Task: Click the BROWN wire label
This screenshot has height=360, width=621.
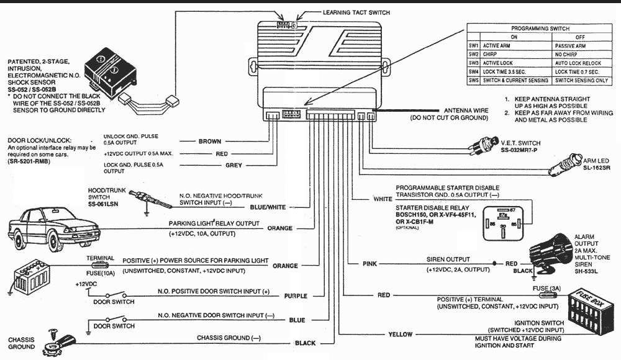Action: pyautogui.click(x=209, y=142)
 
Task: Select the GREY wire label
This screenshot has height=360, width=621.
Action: pyautogui.click(x=233, y=166)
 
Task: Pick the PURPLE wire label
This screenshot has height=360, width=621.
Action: pyautogui.click(x=296, y=296)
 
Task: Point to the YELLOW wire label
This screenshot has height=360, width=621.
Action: pyautogui.click(x=400, y=335)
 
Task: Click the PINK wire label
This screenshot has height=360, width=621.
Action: pyautogui.click(x=369, y=264)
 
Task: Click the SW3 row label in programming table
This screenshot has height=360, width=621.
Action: pyautogui.click(x=473, y=63)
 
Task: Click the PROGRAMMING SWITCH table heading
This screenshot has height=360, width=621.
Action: pyautogui.click(x=540, y=29)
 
